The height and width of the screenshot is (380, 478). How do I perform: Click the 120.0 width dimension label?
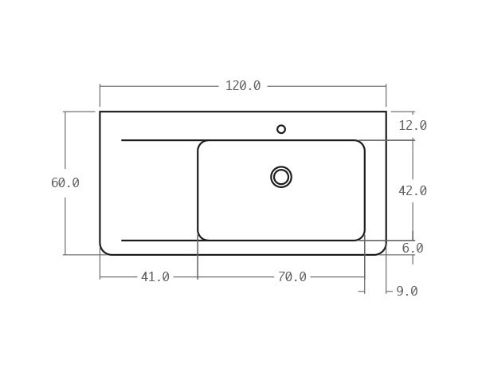[243, 86]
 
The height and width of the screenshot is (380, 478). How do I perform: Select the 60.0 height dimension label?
[65, 183]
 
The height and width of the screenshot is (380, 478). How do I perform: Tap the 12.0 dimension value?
[413, 126]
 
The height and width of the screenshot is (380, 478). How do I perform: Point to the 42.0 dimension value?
[413, 191]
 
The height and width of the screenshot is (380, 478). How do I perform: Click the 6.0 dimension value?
[413, 249]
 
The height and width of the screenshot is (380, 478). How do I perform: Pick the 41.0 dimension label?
[155, 277]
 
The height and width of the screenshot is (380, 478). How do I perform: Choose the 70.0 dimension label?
[292, 277]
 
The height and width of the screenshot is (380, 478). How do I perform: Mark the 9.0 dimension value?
[407, 292]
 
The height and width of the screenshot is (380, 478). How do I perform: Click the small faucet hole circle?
[281, 129]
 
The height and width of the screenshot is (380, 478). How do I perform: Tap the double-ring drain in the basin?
[281, 177]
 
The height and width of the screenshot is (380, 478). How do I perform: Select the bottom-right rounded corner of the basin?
[362, 237]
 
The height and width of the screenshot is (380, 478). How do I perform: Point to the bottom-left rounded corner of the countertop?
[104, 251]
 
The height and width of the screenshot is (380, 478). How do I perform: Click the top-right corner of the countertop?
[386, 112]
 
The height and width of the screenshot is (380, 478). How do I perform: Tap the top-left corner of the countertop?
[100, 112]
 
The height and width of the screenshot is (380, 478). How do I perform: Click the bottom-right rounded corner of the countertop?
[382, 251]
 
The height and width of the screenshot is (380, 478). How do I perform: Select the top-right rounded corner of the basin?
[362, 143]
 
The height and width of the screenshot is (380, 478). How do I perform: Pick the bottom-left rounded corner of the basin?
[201, 237]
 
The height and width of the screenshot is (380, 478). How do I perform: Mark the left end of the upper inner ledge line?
[122, 140]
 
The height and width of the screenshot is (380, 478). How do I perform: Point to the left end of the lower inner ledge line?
[122, 241]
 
